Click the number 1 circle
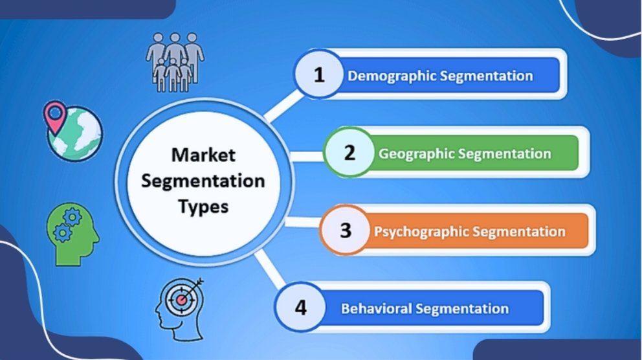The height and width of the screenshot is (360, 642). click(x=318, y=75)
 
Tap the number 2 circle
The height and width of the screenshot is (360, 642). click(x=349, y=153)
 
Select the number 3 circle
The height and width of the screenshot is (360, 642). click(x=345, y=230)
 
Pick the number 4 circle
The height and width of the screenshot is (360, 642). click(x=300, y=307)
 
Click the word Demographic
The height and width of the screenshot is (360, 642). click(x=392, y=76)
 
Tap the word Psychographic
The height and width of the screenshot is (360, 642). click(x=421, y=231)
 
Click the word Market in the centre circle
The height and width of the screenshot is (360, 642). click(x=203, y=155)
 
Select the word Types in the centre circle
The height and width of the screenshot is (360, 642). click(x=203, y=207)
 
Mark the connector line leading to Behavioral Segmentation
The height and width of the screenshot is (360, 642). click(x=267, y=266)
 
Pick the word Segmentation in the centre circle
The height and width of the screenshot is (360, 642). click(x=203, y=181)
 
